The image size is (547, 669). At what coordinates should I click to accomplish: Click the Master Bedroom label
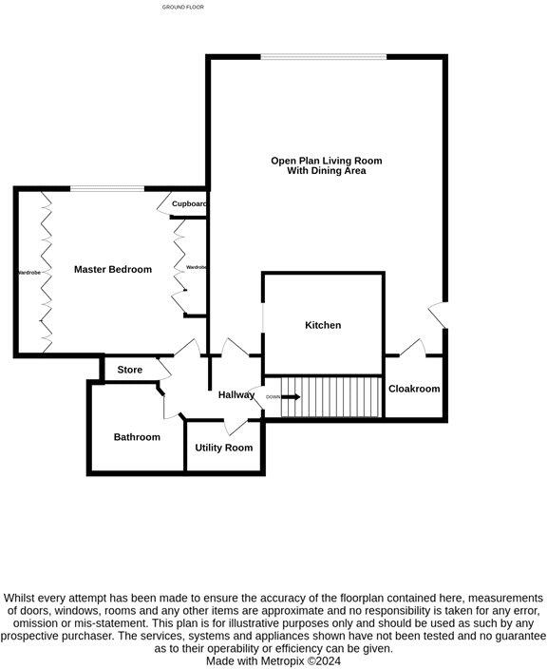(x=113, y=270)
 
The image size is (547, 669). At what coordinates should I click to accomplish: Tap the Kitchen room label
(x=323, y=325)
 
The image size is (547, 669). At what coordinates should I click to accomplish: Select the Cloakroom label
(x=414, y=389)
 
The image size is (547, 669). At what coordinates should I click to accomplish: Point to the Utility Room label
(x=224, y=448)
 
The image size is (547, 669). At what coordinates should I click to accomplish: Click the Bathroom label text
(x=137, y=437)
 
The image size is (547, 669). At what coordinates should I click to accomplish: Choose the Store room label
(x=129, y=370)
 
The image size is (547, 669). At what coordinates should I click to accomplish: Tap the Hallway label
(x=236, y=394)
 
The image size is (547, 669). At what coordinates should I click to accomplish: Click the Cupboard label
(x=190, y=204)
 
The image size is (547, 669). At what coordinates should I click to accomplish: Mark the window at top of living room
(x=324, y=57)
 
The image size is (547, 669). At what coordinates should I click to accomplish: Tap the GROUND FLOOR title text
(x=183, y=7)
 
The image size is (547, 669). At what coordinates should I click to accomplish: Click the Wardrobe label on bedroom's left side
(x=28, y=273)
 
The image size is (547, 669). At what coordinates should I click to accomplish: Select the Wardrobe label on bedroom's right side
(x=197, y=268)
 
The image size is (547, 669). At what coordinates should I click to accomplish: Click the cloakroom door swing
(x=411, y=348)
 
